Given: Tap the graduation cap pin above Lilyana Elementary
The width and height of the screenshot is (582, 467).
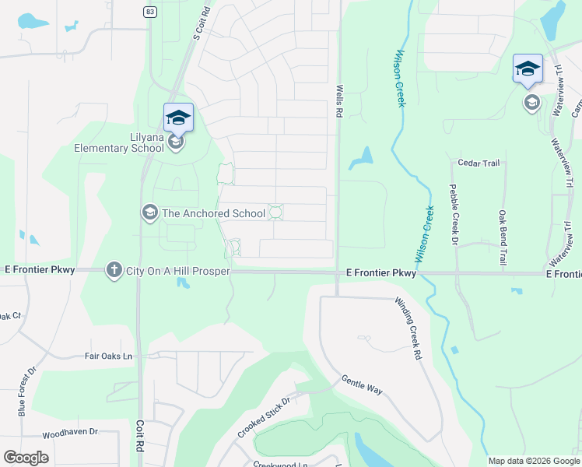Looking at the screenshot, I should point(178,118).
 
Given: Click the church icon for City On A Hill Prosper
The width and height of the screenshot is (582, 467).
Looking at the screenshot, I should point(114,269).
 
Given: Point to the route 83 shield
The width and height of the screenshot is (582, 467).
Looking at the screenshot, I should point(149,12).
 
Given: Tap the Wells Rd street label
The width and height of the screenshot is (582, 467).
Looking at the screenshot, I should point(340,102).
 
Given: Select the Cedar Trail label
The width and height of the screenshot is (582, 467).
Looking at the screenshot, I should point(479,163).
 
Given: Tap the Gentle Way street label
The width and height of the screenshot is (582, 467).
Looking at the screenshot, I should point(363,384).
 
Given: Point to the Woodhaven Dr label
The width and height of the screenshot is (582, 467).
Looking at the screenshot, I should point(70,432).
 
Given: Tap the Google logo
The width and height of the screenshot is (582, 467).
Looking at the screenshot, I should point(26,458).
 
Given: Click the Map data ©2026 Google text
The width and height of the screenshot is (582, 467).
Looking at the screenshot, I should point(533,461).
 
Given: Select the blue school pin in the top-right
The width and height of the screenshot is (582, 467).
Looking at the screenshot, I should point(528,68).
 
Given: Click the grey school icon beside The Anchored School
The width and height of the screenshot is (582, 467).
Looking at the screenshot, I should point(149,212).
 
